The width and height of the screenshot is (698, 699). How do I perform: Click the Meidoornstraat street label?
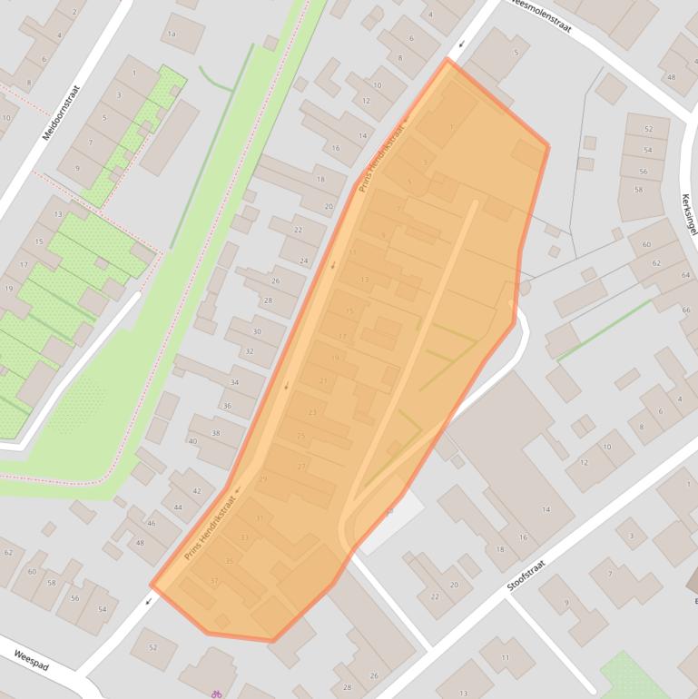[62, 113]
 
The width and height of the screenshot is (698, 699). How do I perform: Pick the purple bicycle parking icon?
[217, 694]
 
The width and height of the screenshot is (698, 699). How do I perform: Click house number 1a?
[172, 34]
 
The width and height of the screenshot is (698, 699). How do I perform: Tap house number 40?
[192, 441]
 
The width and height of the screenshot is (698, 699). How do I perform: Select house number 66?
[685, 310]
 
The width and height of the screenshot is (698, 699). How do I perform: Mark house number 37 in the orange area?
[214, 581]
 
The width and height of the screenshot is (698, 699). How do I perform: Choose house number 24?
[304, 261]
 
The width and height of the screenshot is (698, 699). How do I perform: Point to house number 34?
[234, 382]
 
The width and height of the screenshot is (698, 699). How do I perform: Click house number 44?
[178, 507]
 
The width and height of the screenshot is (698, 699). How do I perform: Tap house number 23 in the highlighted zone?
[312, 413]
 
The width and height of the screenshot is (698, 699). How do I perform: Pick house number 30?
[257, 332]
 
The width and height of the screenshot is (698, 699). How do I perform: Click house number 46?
[152, 524]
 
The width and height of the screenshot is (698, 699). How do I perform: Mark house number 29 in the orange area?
[263, 478]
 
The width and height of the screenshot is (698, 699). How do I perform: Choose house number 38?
[215, 433]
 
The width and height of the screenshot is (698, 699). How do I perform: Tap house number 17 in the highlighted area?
[342, 337]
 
